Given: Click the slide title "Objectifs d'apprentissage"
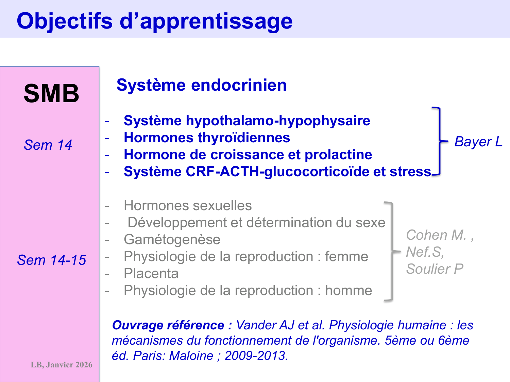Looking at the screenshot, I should [154, 21].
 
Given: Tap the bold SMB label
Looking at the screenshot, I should [51, 93].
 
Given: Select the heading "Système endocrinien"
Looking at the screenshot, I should [201, 85].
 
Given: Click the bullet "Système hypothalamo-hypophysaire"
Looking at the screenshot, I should [247, 121].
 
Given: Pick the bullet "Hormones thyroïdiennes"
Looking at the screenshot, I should [207, 138].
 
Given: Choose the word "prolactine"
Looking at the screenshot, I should [338, 154].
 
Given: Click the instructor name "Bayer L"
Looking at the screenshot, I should [478, 142].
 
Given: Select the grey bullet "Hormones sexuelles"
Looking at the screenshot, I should [188, 205].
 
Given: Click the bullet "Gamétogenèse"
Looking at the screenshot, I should [172, 239].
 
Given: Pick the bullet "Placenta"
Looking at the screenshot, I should [151, 273].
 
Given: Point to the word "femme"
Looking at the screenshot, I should [346, 256].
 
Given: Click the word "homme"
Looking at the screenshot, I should [348, 290].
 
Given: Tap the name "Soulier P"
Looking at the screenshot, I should [435, 269].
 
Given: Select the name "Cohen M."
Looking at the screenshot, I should [436, 235].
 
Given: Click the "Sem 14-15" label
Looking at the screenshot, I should [51, 260].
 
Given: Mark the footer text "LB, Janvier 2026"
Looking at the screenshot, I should [62, 365].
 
